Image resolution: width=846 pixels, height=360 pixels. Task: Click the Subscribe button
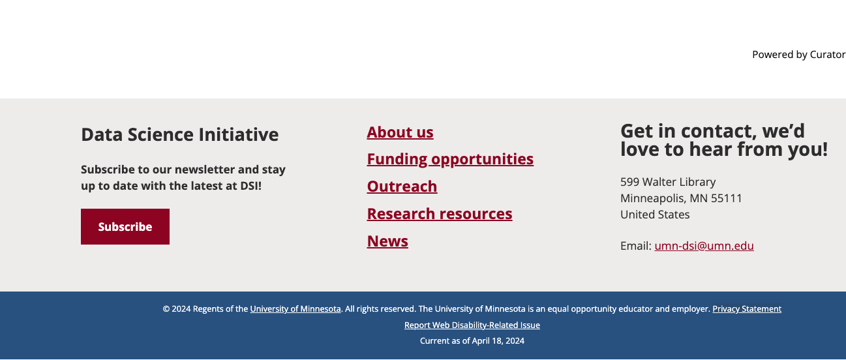pos(125,227)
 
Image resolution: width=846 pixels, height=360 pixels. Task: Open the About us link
pos(400,132)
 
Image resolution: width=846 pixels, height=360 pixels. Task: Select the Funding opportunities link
pos(450,159)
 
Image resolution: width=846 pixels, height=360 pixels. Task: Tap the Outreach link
pos(402,187)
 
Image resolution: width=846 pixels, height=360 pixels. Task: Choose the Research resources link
pos(440,214)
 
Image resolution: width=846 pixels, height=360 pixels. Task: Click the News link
pos(387,241)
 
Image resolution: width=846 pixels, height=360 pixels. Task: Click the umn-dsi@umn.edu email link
pos(704,246)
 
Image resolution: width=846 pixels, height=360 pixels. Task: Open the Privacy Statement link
pos(747,309)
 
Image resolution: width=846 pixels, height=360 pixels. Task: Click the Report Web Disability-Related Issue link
pos(472,325)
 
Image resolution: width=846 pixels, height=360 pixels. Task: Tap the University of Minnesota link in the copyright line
pos(295,309)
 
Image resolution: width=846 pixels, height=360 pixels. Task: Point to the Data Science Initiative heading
pos(180,134)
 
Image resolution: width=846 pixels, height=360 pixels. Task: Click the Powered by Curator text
pos(799,55)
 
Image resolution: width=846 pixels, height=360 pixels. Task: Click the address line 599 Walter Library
pos(668,182)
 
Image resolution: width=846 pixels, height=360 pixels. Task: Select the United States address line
pos(655,215)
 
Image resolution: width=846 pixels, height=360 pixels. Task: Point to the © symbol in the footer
pos(166,309)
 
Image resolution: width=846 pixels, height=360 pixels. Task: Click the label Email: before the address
pos(635,246)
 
